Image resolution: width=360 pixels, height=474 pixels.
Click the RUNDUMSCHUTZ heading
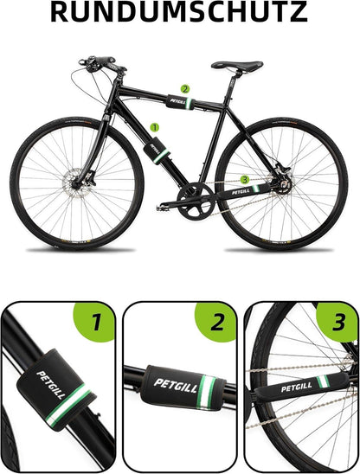point(179,12)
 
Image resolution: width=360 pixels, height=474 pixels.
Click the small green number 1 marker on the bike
point(155,127)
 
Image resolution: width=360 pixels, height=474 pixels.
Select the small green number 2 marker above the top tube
point(185,89)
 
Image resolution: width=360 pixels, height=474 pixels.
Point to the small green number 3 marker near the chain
point(244,180)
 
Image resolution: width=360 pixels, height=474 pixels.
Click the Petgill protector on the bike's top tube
point(179,102)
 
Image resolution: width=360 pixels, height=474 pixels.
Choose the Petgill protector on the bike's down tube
point(157,151)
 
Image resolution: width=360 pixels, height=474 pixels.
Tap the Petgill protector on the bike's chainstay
point(245,190)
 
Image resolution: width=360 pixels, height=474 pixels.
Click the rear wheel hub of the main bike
point(284,184)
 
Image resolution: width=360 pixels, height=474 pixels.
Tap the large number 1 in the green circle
point(97,322)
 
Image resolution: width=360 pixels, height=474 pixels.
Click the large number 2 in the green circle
point(218,322)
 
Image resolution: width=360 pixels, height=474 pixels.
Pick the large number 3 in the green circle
point(338,322)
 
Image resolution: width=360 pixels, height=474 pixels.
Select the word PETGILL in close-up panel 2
point(176,386)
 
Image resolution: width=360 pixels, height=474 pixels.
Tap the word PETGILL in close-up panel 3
point(297,388)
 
